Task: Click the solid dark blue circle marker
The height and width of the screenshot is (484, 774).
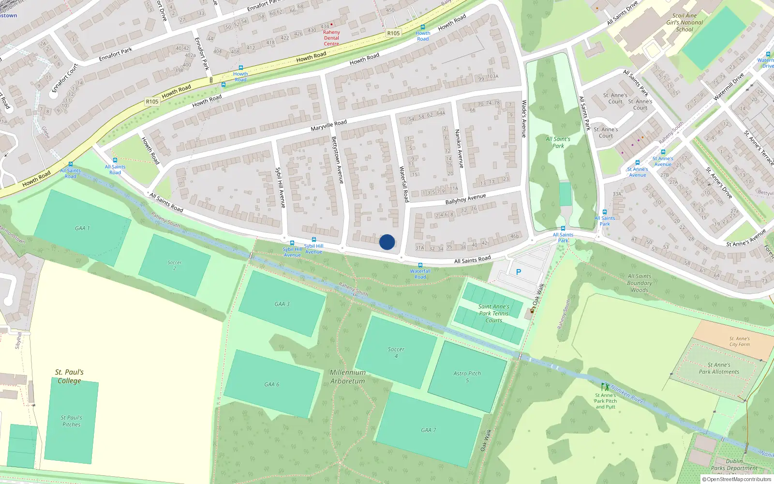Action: pos(387,242)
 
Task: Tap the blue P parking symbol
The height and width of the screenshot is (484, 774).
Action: pos(519,272)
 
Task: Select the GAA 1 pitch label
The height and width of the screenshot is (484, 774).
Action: pos(82,228)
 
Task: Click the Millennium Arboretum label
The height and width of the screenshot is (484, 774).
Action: pos(348,377)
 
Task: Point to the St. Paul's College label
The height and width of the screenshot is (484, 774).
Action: pos(69,376)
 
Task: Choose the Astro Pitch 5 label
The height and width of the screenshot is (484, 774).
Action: pos(467,377)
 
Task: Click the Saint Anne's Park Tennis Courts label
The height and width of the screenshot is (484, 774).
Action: pos(493,313)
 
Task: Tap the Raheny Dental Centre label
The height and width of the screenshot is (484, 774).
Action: pos(331,38)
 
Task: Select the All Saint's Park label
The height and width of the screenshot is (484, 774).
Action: pos(558,142)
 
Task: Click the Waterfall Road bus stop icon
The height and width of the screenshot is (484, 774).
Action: pos(420,265)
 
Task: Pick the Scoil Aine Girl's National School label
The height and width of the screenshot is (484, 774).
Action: pos(685,22)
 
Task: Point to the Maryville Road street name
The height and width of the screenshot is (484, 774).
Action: pos(329,126)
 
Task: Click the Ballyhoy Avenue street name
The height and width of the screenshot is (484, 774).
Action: pos(465,199)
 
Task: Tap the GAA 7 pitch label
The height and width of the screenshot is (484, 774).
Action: pos(429,430)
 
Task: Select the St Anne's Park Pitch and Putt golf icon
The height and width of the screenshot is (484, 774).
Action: pos(605,387)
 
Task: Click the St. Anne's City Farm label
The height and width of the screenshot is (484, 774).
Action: pos(739,342)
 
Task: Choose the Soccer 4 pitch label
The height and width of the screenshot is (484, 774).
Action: pos(396,352)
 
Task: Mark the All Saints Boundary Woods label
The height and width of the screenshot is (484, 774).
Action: pos(640,283)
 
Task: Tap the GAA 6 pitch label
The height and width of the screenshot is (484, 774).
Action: pos(272,384)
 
